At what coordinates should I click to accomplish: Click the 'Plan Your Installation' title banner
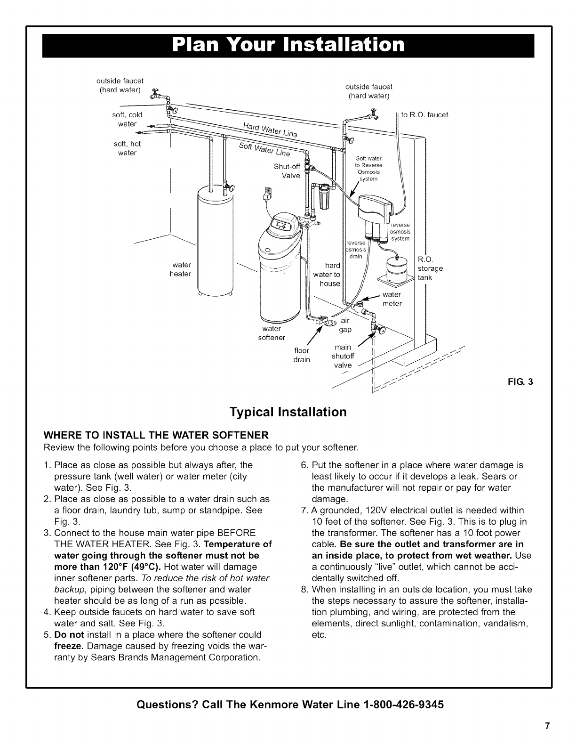point(288,45)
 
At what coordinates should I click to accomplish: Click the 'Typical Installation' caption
point(288,412)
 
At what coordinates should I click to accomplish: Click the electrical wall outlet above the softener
point(268,192)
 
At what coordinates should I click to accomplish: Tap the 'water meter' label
point(392,299)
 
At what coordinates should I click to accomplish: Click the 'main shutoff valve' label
point(342,356)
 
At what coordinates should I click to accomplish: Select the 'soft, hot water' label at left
point(127,148)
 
